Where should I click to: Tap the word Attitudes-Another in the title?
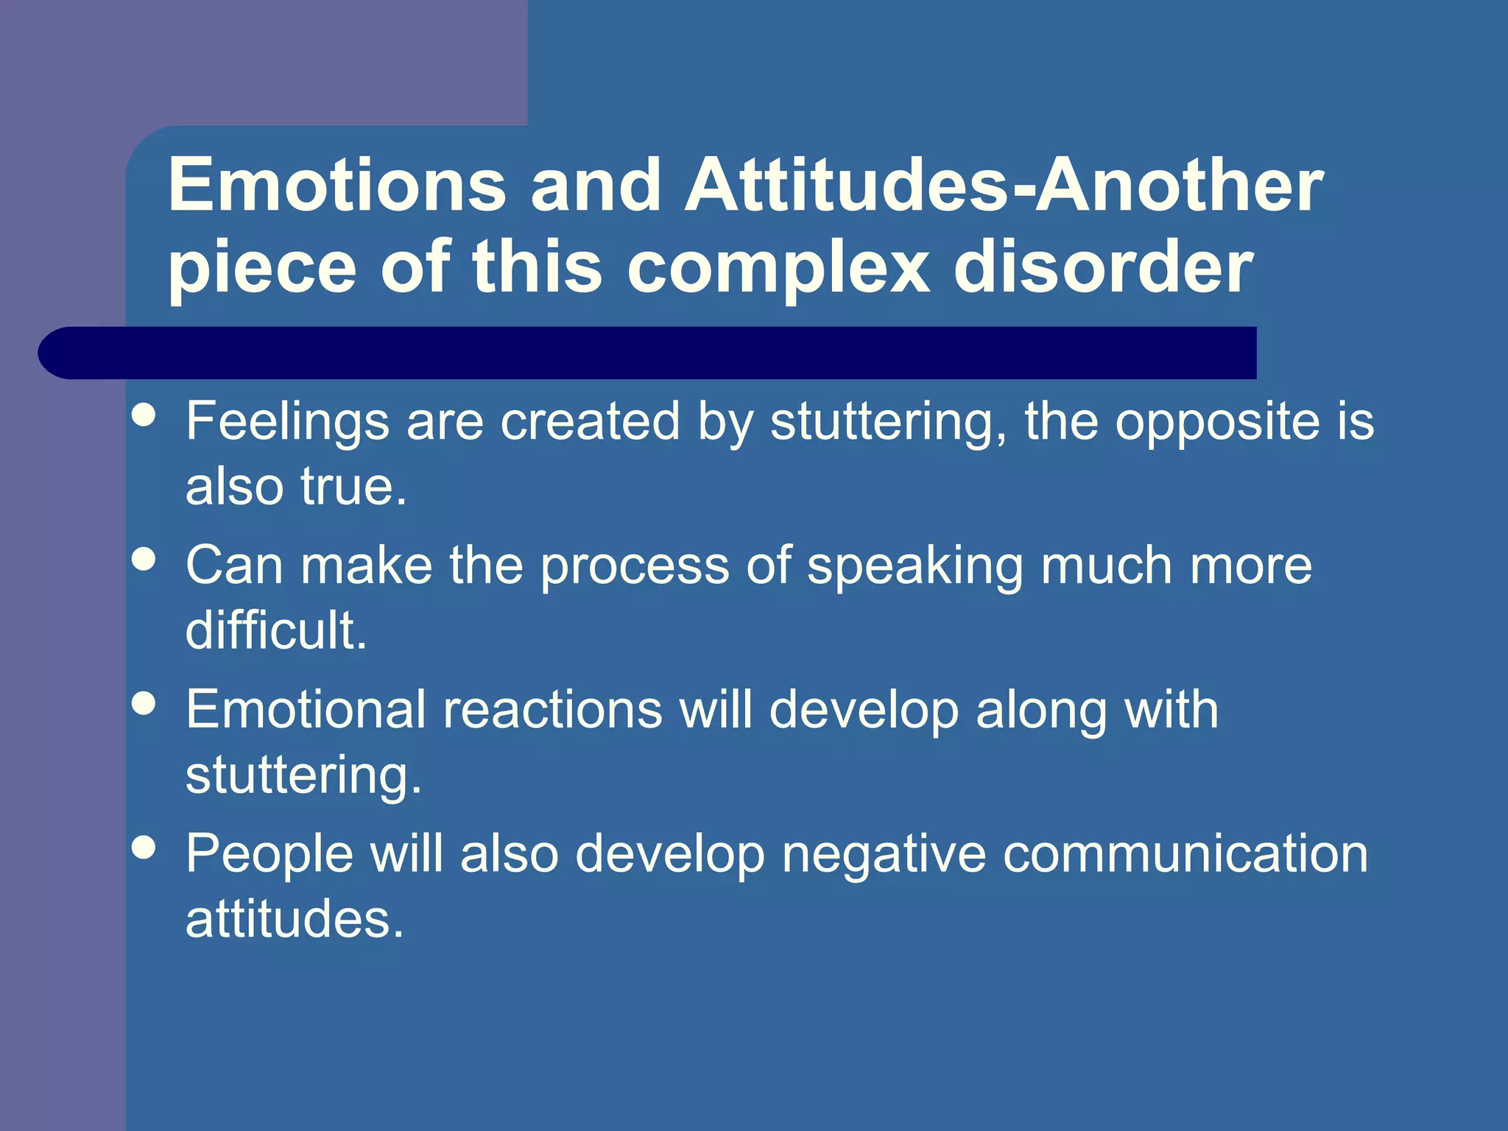pyautogui.click(x=1004, y=185)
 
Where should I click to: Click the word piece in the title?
pyautogui.click(x=262, y=269)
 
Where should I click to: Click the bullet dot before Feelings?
pyautogui.click(x=144, y=415)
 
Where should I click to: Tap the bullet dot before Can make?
pyautogui.click(x=144, y=559)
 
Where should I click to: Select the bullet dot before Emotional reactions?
pyautogui.click(x=144, y=703)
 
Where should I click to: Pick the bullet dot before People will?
pyautogui.click(x=144, y=847)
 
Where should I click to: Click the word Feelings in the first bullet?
pyautogui.click(x=287, y=423)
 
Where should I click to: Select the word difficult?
pyautogui.click(x=275, y=630)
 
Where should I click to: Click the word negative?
pyautogui.click(x=884, y=854)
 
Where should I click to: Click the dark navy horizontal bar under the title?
pyautogui.click(x=648, y=353)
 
